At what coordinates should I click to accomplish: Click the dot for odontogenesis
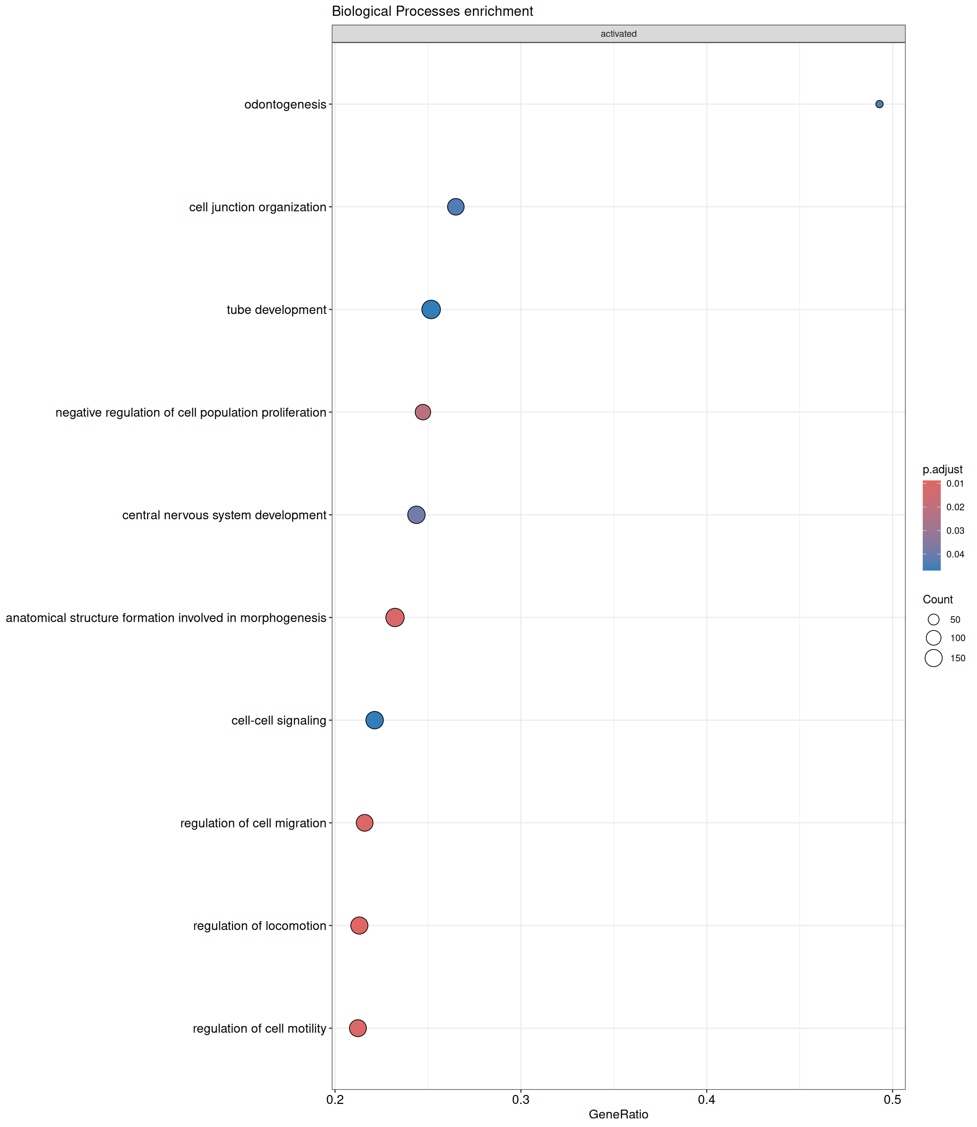879,104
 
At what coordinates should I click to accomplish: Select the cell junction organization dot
455,207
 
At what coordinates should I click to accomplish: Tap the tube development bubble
431,310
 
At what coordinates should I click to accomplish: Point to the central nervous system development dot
416,515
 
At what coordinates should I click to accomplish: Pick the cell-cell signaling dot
374,720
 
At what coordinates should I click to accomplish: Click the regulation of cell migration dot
364,823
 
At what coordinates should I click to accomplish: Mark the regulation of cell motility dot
358,1028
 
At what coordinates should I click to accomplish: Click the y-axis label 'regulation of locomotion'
260,926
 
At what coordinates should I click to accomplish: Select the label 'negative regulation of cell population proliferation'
191,412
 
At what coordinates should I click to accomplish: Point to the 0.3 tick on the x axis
521,1100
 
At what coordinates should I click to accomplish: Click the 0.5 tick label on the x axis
892,1100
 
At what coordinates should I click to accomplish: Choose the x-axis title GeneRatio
618,1114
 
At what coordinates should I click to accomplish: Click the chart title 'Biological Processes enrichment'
433,11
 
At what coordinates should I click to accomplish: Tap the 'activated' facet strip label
618,34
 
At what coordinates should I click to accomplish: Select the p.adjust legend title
942,469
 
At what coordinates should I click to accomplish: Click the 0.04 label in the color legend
955,554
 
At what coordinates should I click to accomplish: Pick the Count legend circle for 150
934,658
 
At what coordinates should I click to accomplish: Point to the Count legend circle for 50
934,619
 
